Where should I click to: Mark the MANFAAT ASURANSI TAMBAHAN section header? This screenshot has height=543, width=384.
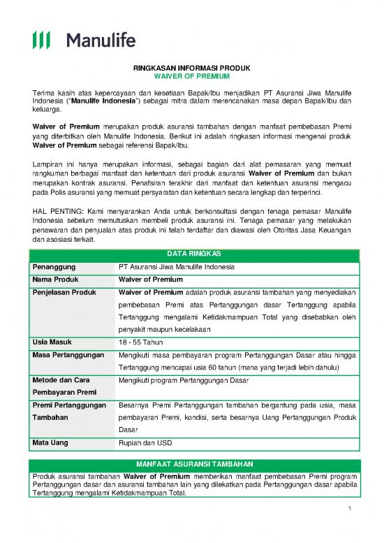(191, 464)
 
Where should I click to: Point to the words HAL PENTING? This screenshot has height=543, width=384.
(54, 210)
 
